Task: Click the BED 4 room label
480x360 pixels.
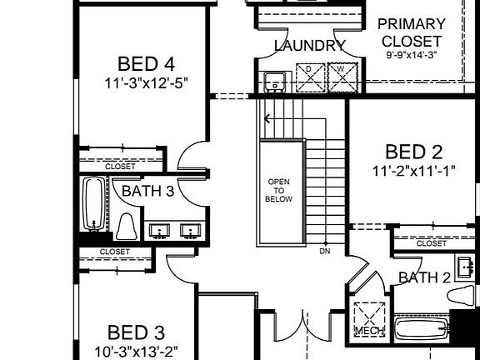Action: coord(146,63)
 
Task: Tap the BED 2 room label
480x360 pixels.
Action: coord(413,152)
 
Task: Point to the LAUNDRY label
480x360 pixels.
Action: coord(309,46)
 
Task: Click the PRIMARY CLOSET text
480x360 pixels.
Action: coord(412,32)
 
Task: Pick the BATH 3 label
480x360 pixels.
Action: coord(147,192)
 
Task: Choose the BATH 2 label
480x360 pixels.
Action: coord(423,277)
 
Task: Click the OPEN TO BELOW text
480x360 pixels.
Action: coord(279,190)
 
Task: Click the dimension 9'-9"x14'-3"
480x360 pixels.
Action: coord(412,55)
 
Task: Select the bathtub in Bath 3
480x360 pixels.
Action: coord(92,205)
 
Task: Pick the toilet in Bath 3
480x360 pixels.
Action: coord(127,227)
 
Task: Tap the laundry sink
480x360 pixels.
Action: coord(273,81)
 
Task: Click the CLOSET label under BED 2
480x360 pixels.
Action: coord(431,243)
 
